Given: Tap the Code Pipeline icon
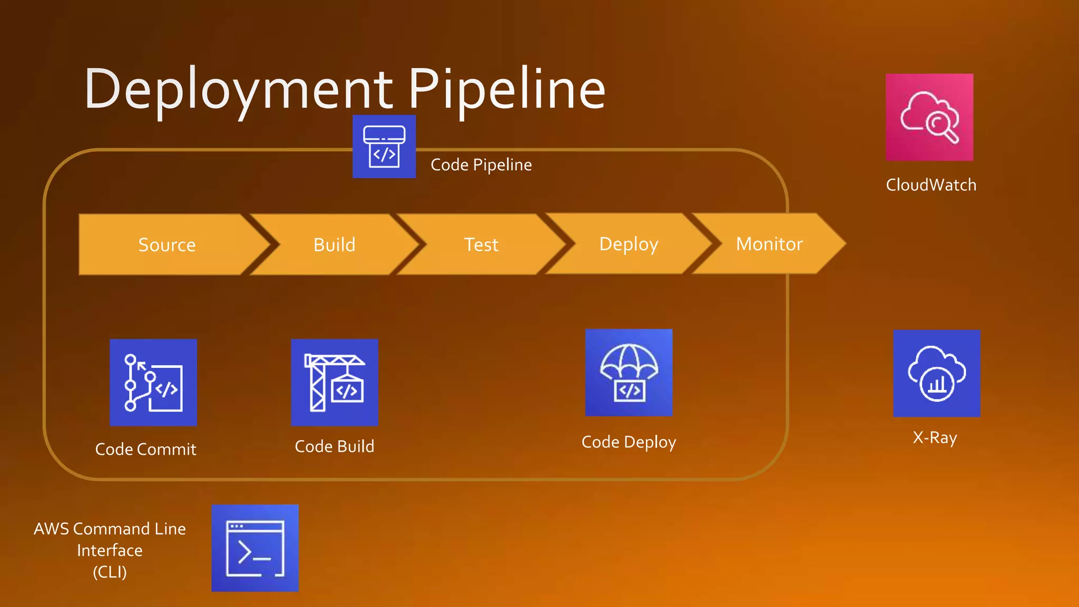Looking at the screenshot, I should tap(384, 146).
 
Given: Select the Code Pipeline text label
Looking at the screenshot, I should tap(481, 165).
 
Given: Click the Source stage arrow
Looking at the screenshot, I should tap(166, 244).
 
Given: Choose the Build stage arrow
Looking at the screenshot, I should tap(335, 244).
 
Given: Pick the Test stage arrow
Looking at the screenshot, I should tap(481, 244).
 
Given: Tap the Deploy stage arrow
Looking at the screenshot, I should tap(629, 244).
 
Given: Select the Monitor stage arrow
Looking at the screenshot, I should tap(769, 243).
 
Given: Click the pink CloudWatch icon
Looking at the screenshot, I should tap(929, 117).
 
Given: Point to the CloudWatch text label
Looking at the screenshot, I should tap(931, 185).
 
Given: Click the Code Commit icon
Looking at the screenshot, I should tap(153, 383).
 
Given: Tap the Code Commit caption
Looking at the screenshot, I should tap(146, 449).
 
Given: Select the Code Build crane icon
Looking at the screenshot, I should tap(335, 383).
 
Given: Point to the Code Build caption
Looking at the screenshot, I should tap(335, 446).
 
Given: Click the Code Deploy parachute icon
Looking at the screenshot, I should tap(629, 373).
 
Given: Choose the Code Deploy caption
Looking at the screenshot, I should tap(629, 442).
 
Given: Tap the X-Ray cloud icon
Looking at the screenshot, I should tap(937, 374).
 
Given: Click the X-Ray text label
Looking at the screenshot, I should tap(935, 438).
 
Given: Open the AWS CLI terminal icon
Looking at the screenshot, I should tap(255, 548).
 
